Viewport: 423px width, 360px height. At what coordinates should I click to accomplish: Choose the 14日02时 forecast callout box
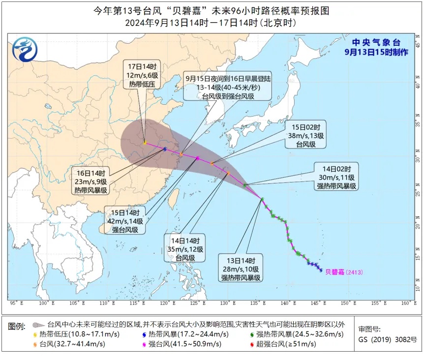click(x=337, y=177)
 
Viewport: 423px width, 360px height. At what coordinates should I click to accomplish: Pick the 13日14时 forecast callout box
click(x=242, y=269)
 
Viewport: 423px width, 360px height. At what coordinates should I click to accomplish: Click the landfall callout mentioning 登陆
click(x=228, y=87)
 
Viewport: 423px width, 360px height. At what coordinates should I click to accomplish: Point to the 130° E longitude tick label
click(x=228, y=303)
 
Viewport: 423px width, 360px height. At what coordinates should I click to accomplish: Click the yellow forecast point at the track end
click(x=145, y=143)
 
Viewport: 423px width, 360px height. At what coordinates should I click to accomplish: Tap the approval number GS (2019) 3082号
click(x=387, y=339)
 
